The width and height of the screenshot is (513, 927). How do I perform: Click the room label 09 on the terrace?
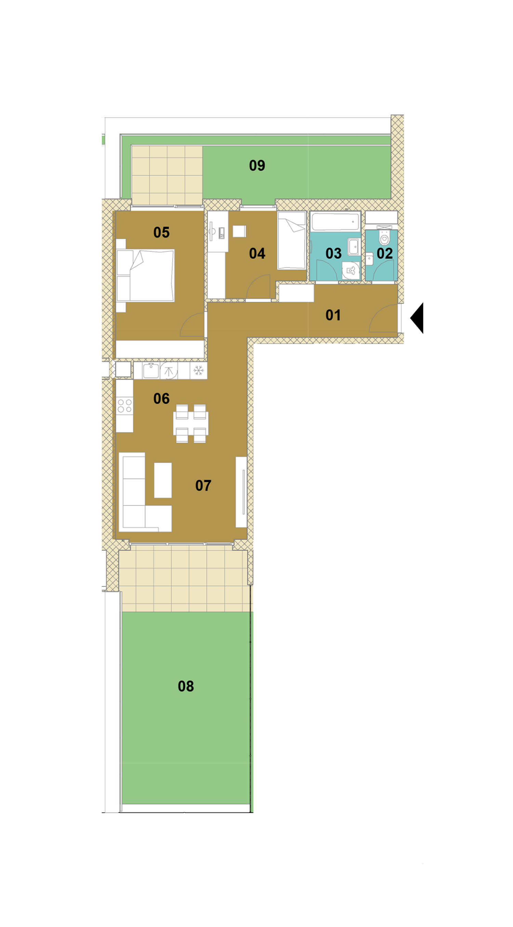pos(257,166)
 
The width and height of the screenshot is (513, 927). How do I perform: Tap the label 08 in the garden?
pos(186,686)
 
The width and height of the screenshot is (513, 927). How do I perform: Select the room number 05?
pos(161,232)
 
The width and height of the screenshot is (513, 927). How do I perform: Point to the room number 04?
pos(257,254)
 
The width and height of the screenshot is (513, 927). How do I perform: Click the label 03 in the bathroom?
pos(333,254)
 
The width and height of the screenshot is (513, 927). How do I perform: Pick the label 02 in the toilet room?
pos(384,254)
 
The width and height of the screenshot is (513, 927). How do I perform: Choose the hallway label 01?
pos(333,315)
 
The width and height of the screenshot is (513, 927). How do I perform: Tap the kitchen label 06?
pos(161,399)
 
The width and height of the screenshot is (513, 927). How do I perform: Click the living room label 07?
pos(203,486)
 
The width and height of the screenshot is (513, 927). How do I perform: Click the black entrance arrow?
pos(417,318)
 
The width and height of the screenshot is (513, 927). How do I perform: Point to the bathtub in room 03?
pos(335,221)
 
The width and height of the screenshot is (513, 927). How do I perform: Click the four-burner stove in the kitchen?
pos(124,406)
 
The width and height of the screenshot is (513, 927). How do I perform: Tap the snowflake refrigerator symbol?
pos(199,370)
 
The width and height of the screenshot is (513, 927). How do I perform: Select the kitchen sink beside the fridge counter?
pos(152,370)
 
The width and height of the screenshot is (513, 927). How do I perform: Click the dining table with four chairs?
pos(191,424)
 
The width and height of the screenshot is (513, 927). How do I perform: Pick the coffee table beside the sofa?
pos(163,480)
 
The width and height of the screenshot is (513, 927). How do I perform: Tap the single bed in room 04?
pos(292,240)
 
